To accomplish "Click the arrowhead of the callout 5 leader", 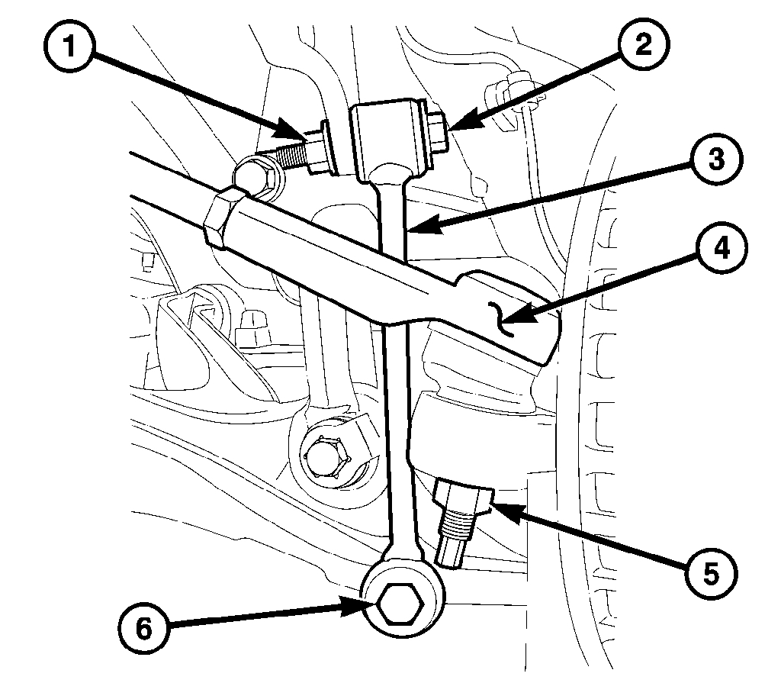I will click(x=492, y=504).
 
